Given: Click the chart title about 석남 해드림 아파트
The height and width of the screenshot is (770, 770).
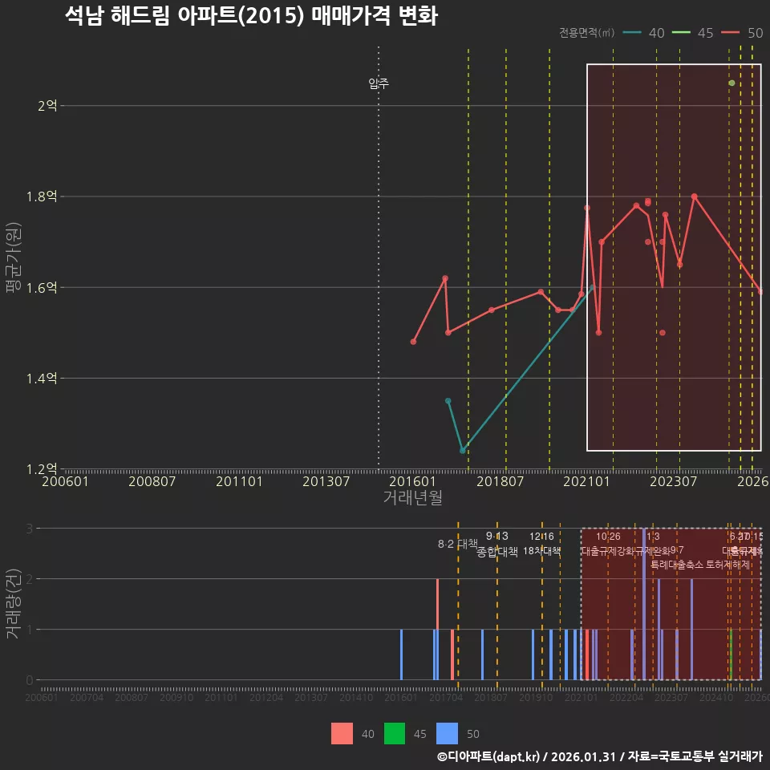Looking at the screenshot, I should [251, 16].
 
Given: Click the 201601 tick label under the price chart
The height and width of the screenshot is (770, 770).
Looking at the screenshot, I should [412, 481].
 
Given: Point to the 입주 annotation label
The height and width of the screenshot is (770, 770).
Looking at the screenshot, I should [379, 83].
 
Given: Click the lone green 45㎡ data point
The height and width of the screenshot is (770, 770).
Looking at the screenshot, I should [731, 83].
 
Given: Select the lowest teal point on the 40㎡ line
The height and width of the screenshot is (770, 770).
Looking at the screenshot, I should [463, 451].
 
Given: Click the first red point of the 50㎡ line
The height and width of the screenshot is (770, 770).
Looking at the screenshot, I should [413, 342].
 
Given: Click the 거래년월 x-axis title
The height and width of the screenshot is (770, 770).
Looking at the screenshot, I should [412, 497].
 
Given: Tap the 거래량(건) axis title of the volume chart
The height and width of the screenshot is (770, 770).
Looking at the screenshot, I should [13, 604].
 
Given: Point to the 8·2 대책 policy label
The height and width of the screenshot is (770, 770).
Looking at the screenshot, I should [457, 543].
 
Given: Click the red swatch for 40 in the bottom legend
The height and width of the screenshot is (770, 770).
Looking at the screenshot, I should [342, 733].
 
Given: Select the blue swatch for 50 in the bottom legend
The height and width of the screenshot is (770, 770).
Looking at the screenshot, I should [447, 733].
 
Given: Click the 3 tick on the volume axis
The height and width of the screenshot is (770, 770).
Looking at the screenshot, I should [30, 529].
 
